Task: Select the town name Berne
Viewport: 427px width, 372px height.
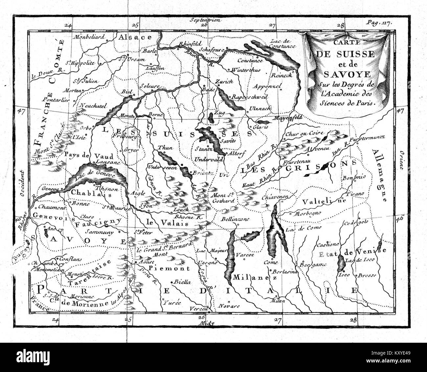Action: [x=154, y=113]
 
